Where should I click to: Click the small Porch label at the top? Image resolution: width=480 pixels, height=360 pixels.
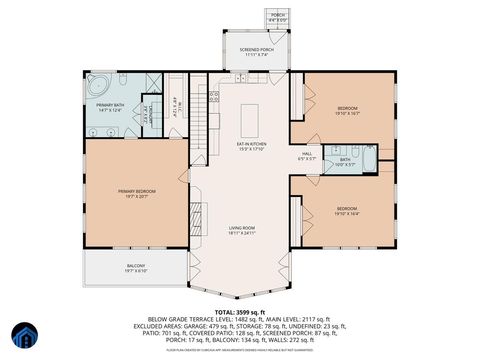click(277, 17)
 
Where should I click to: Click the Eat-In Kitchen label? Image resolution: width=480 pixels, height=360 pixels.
click(249, 147)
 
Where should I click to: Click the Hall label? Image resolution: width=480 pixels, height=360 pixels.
click(307, 155)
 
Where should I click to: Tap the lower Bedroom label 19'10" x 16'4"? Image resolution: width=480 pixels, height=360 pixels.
click(347, 210)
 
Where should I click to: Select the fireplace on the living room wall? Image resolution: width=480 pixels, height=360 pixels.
click(196, 217)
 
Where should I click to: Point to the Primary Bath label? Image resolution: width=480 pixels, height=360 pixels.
click(111, 107)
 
